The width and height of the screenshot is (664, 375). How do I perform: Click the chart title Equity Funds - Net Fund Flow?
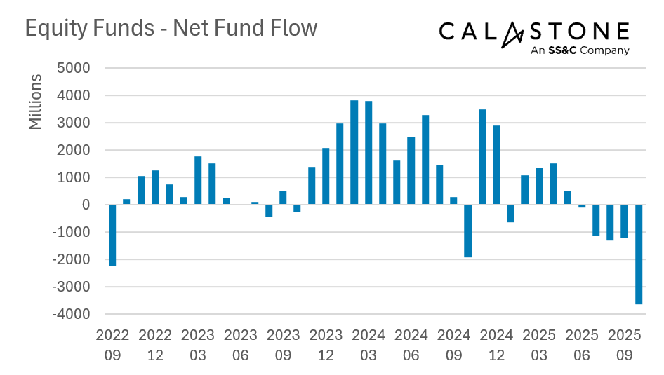pyautogui.click(x=171, y=28)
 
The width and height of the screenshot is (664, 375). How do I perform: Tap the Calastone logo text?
pyautogui.click(x=533, y=32)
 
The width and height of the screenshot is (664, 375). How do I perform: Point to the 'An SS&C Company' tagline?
pyautogui.click(x=580, y=50)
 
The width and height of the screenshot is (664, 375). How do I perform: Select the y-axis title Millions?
pyautogui.click(x=36, y=101)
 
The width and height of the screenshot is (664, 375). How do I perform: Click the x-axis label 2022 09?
pyautogui.click(x=112, y=345)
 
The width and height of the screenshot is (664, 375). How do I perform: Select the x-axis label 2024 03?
pyautogui.click(x=368, y=345)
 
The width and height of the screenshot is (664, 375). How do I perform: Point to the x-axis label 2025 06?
pyautogui.click(x=581, y=345)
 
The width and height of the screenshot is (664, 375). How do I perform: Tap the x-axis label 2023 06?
pyautogui.click(x=240, y=345)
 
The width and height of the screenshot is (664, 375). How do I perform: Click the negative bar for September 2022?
pyautogui.click(x=112, y=235)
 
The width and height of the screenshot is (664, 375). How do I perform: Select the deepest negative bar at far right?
pyautogui.click(x=638, y=254)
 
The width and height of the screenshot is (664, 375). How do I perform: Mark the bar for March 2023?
pyautogui.click(x=198, y=181)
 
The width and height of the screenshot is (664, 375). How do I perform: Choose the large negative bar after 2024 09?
pyautogui.click(x=467, y=231)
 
